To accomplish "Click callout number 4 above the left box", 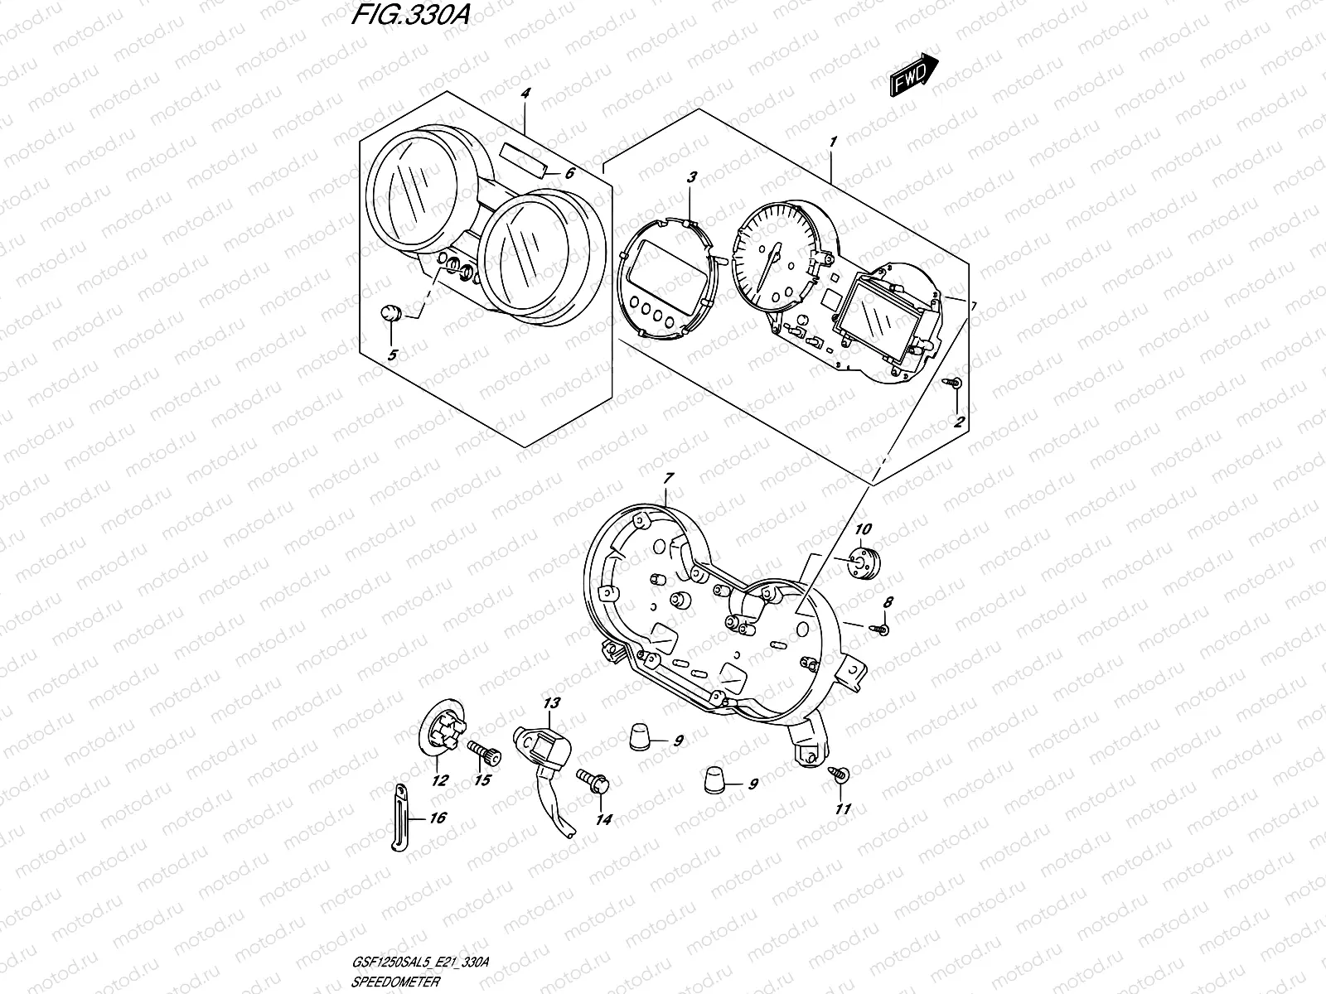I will click(x=525, y=94).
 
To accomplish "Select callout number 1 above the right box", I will click(x=833, y=142).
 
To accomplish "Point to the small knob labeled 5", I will click(x=390, y=314).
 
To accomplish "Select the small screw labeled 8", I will click(x=881, y=630).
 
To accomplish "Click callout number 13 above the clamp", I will click(x=552, y=703).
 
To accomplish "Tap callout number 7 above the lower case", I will click(x=669, y=477).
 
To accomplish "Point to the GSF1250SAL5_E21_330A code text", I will click(x=420, y=962).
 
